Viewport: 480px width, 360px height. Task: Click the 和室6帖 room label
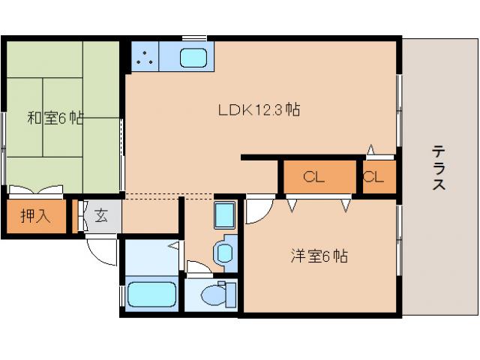click(55, 118)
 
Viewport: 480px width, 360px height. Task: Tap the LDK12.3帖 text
click(259, 110)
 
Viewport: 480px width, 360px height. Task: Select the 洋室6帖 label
click(319, 256)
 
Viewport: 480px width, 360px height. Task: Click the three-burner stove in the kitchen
click(145, 55)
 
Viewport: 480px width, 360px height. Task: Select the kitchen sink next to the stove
click(194, 56)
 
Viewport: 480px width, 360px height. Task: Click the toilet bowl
click(215, 295)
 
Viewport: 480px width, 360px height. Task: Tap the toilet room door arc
click(199, 268)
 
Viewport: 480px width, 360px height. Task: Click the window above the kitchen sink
click(194, 37)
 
